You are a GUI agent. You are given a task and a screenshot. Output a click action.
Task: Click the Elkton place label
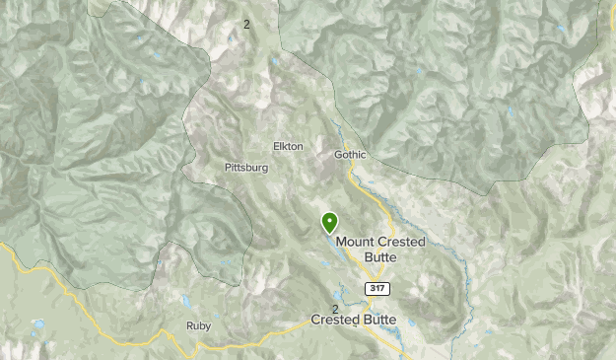click(288, 147)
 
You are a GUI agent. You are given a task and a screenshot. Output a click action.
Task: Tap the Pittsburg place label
click(246, 168)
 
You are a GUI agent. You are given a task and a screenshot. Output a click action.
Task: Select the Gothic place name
click(349, 155)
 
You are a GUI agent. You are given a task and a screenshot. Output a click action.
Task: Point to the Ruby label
click(198, 324)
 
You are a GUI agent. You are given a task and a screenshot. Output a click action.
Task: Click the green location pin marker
click(328, 222)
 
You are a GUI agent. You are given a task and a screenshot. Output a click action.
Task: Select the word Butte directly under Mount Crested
click(380, 256)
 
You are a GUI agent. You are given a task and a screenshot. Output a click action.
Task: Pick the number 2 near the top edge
click(246, 24)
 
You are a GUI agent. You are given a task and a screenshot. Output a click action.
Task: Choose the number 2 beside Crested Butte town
click(335, 309)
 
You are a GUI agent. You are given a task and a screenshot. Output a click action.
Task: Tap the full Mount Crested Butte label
click(366, 249)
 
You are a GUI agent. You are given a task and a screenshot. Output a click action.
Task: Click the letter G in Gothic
click(337, 155)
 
